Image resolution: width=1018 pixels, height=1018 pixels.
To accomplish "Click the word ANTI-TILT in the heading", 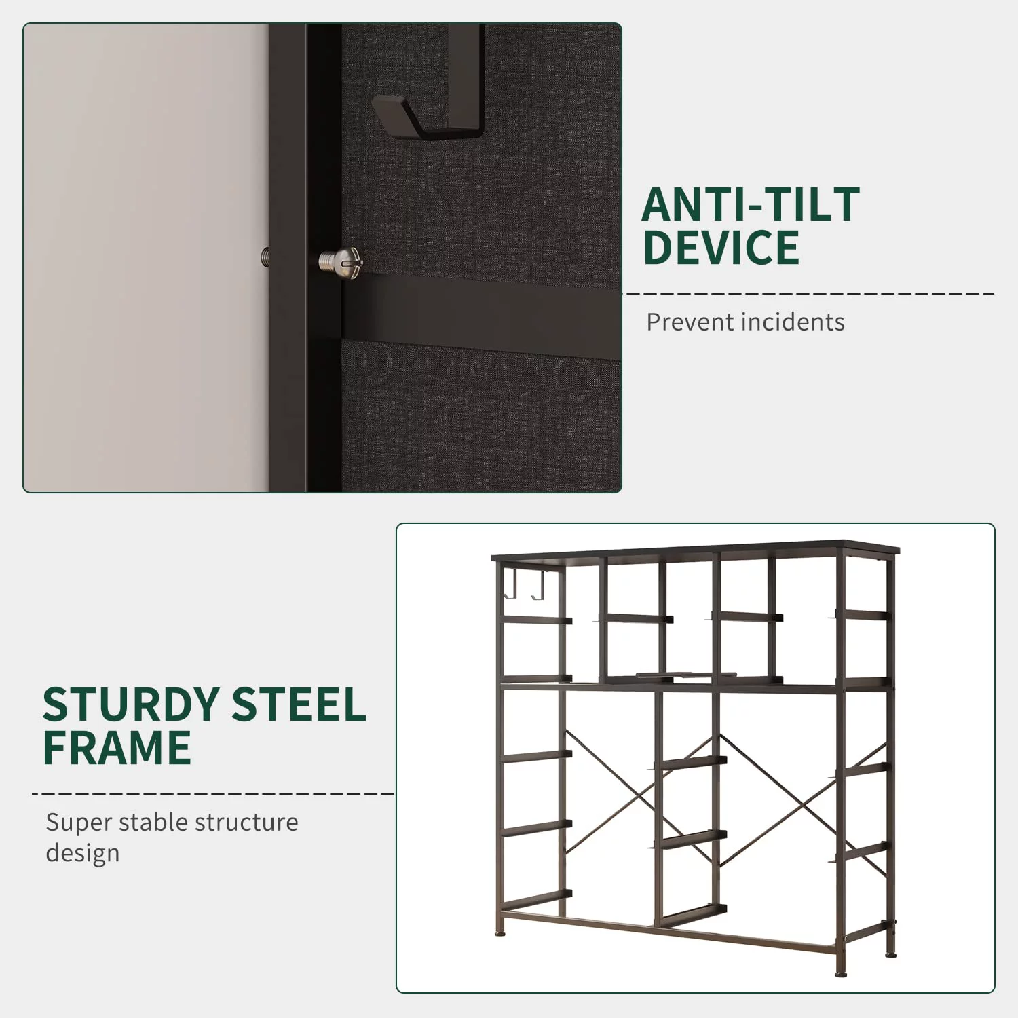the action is pos(751,205).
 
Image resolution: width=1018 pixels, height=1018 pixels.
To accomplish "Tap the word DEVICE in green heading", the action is pos(721,248).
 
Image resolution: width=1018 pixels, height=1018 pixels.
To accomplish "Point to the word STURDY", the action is pos(131,704).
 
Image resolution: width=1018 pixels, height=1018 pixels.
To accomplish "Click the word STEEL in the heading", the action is pos(299,704).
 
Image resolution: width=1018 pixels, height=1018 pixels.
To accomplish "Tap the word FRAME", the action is pos(117,748).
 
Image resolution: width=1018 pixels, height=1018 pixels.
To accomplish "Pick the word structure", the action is pos(241,823).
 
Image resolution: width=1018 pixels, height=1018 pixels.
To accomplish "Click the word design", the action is pos(83,854).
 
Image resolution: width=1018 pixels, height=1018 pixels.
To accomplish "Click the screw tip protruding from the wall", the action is pos(265,257).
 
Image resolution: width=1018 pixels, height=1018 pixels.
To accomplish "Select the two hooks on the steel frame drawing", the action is pos(525,584).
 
